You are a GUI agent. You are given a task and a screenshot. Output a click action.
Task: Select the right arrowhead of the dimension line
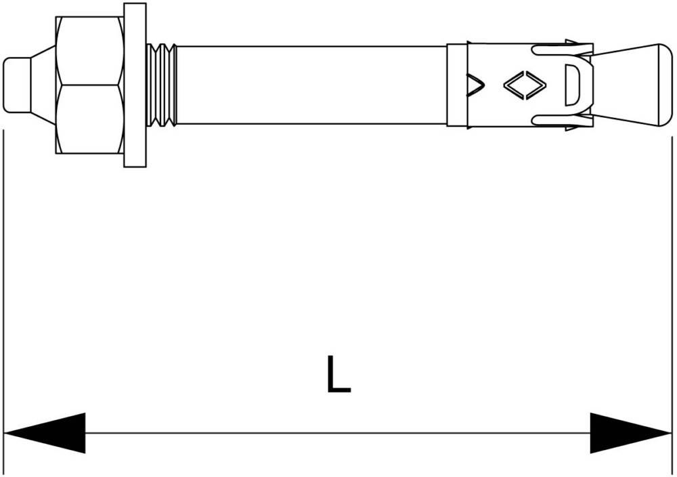631,433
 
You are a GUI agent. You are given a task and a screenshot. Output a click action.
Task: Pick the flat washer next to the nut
135,85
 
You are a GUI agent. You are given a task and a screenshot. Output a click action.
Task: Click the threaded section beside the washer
162,85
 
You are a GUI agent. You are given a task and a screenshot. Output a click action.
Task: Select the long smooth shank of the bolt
311,85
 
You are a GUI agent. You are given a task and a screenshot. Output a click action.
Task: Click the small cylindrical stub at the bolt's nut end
17,85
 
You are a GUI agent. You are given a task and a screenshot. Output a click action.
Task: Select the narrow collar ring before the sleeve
457,85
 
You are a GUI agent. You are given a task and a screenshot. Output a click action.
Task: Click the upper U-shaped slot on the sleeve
561,49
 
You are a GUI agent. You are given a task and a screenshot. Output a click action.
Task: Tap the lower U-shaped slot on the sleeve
561,121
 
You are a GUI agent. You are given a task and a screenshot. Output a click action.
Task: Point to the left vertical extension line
3,302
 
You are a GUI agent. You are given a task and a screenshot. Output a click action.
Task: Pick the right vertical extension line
672,306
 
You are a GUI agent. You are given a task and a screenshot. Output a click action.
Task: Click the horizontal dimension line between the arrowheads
338,433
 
